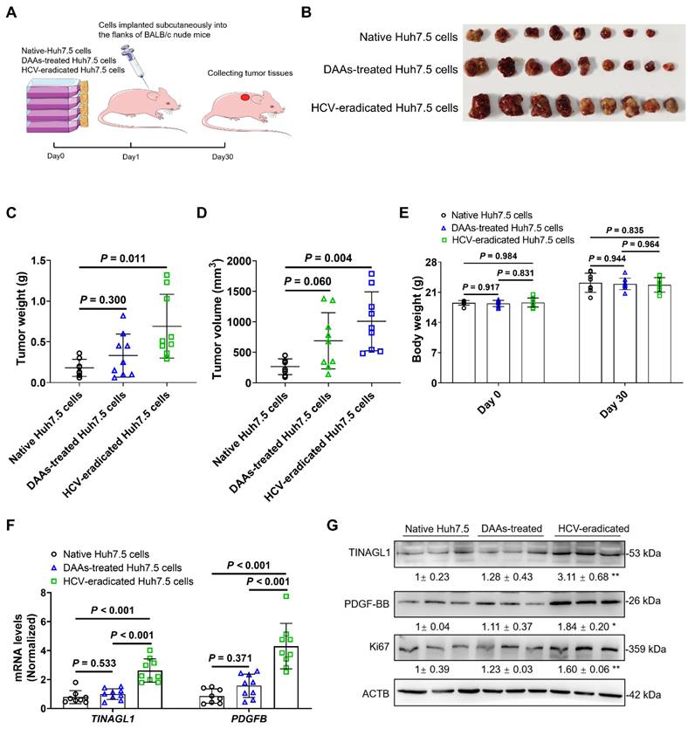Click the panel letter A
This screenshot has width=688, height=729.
point(11,13)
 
